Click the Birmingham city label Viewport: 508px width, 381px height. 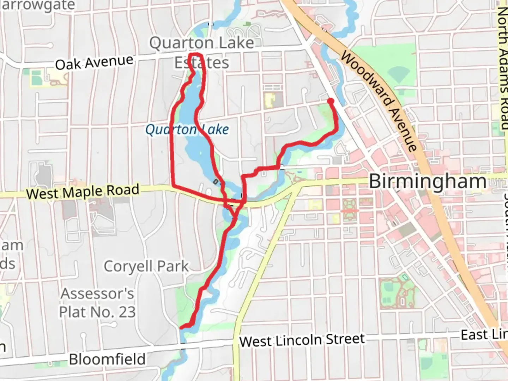point(428,182)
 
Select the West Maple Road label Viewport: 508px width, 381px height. point(83,192)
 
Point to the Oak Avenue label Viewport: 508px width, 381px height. point(94,62)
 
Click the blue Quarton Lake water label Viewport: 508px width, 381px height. point(187,129)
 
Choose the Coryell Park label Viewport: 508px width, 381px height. point(146,266)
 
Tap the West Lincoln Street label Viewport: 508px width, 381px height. point(302,340)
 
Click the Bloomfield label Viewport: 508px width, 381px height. point(107,359)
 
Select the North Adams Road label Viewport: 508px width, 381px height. point(502,67)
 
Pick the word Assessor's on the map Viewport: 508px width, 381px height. point(97,294)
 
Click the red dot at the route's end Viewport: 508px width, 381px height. point(331,101)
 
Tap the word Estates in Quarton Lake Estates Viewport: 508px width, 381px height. point(202,63)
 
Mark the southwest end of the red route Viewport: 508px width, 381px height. point(182,327)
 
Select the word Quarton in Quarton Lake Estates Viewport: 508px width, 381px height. point(176,43)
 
